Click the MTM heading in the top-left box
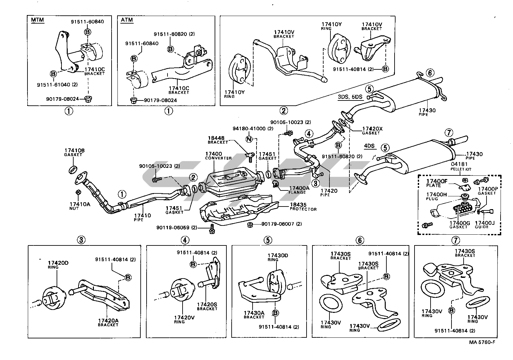(x=37, y=20)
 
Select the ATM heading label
(x=127, y=20)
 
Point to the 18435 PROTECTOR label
(x=303, y=207)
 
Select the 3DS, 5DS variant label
(x=350, y=97)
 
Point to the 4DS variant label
(x=369, y=146)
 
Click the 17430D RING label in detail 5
(x=277, y=257)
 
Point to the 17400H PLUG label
(x=436, y=196)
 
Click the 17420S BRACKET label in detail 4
(x=207, y=306)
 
